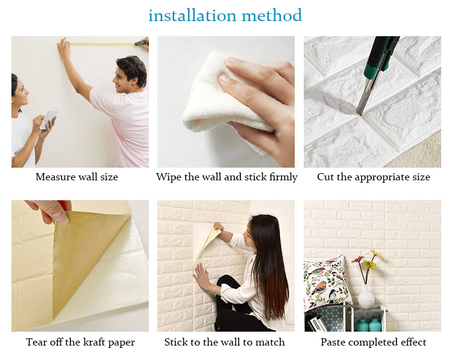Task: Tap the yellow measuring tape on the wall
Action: click(x=102, y=44)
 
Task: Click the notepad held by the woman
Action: click(x=48, y=119)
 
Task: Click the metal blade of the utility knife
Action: click(x=365, y=96)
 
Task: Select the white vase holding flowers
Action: click(x=366, y=297)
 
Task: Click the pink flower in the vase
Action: click(x=358, y=259)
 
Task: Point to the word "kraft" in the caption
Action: click(x=93, y=342)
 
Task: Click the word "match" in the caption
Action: click(x=270, y=342)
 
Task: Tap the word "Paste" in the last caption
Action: click(x=332, y=342)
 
